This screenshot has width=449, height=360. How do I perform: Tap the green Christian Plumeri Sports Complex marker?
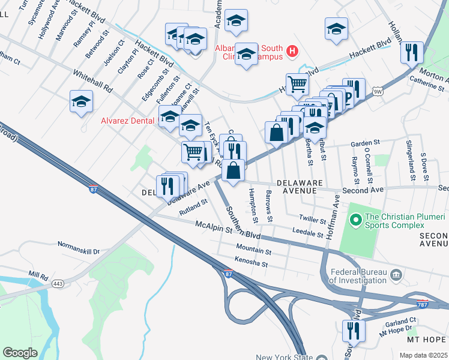(x=355, y=221)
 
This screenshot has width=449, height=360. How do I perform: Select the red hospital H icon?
(x=292, y=52)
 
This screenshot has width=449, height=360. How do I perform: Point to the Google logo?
(x=20, y=353)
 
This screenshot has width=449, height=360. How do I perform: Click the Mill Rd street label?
(x=38, y=276)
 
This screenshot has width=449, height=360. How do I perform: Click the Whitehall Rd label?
(x=93, y=81)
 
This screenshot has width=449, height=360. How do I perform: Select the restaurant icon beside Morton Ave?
(x=412, y=53)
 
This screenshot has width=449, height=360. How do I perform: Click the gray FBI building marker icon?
(x=396, y=275)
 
